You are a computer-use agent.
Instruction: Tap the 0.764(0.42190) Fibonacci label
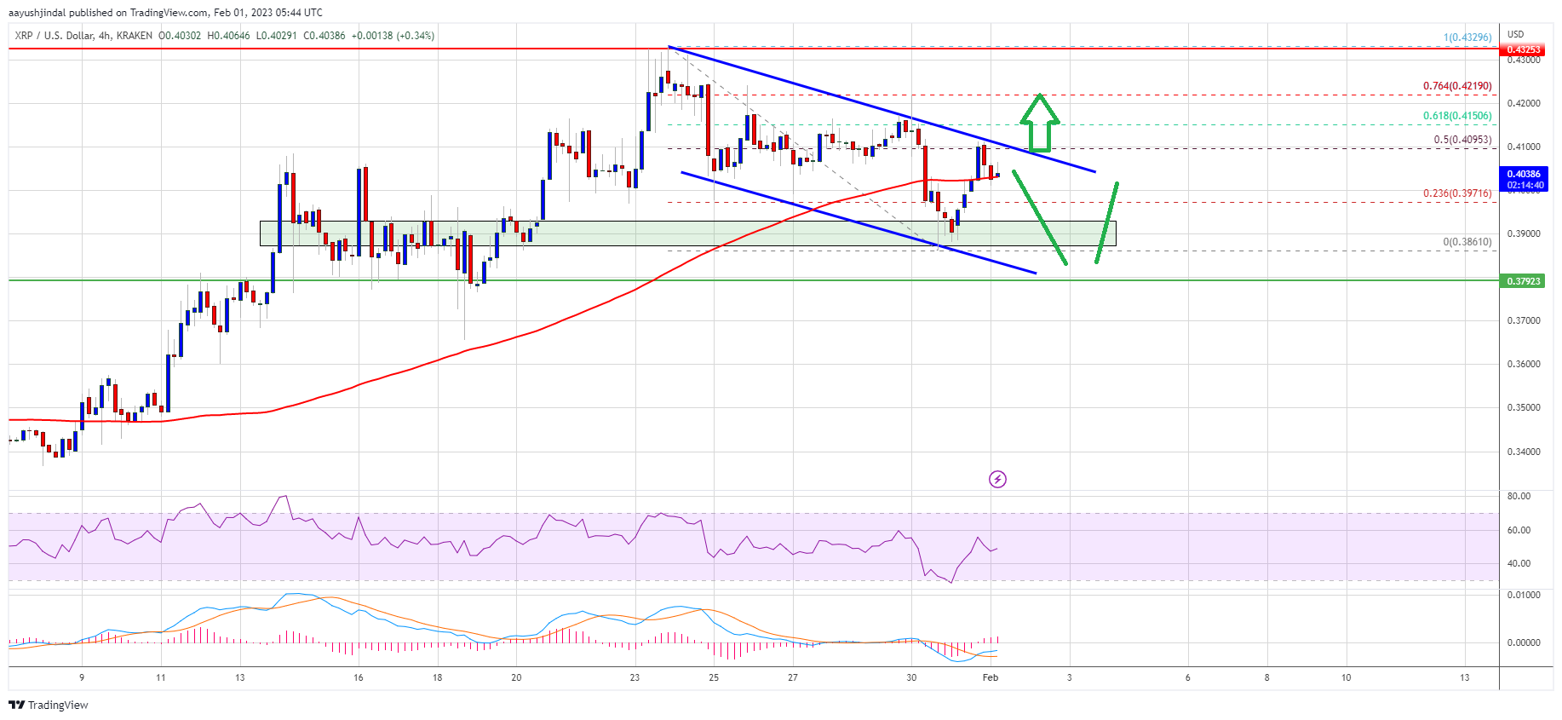pyautogui.click(x=1456, y=86)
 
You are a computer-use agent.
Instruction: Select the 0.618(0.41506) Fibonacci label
pyautogui.click(x=1456, y=116)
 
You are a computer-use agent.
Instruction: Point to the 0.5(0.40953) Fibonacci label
pyautogui.click(x=1462, y=140)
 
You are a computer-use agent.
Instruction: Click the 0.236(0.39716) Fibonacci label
pyautogui.click(x=1456, y=193)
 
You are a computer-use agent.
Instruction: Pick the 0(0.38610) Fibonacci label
pyautogui.click(x=1467, y=242)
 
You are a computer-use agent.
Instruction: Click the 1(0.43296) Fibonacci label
pyautogui.click(x=1467, y=37)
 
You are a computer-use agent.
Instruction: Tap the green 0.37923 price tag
pyautogui.click(x=1524, y=281)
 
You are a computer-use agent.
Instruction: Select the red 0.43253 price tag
pyautogui.click(x=1524, y=49)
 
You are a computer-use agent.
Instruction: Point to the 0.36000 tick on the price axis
pyautogui.click(x=1524, y=364)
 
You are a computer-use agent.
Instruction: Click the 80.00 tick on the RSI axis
pyautogui.click(x=1519, y=496)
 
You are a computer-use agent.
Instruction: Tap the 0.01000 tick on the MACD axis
pyautogui.click(x=1524, y=595)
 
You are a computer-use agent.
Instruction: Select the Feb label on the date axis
pyautogui.click(x=990, y=677)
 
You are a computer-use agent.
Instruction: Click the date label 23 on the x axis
pyautogui.click(x=635, y=677)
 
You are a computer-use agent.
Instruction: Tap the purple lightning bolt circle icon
pyautogui.click(x=997, y=479)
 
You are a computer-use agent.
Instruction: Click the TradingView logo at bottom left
pyautogui.click(x=49, y=705)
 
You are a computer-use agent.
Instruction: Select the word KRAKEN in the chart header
pyautogui.click(x=135, y=36)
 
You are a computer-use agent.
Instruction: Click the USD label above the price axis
pyautogui.click(x=1515, y=35)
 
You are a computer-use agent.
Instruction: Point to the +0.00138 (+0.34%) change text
pyautogui.click(x=393, y=36)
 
